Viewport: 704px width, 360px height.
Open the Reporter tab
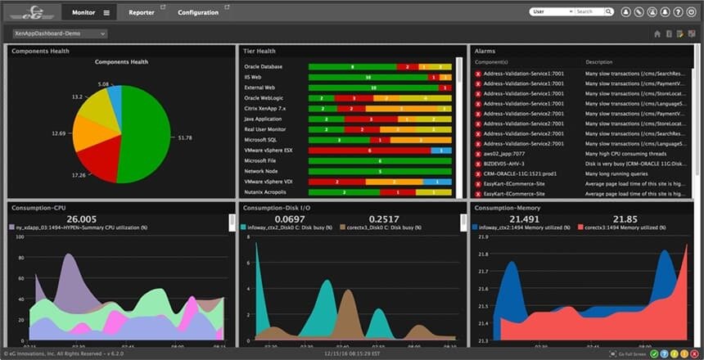click(x=142, y=12)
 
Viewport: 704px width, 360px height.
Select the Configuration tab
click(x=198, y=12)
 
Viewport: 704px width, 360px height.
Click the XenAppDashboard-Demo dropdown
click(x=60, y=34)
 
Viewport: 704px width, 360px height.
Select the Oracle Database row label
click(x=263, y=66)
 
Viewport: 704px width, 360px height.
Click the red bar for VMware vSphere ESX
click(x=369, y=151)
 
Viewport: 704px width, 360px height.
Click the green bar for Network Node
click(x=379, y=171)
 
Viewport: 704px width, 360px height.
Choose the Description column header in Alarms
click(x=599, y=62)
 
